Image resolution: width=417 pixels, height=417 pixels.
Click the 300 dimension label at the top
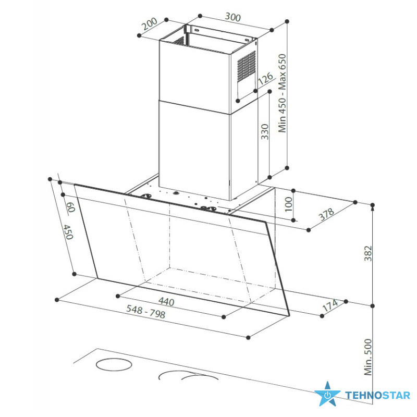tap(232, 17)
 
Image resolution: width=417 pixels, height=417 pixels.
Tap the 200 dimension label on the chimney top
tap(149, 24)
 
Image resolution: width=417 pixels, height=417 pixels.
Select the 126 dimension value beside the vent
tap(265, 79)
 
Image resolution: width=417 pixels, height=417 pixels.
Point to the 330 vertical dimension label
tap(265, 132)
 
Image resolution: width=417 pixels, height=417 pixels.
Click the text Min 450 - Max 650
tap(282, 93)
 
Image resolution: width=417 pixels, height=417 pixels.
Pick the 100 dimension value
tap(288, 204)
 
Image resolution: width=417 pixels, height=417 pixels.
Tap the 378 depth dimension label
tap(327, 214)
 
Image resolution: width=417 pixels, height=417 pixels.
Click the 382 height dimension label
tap(368, 253)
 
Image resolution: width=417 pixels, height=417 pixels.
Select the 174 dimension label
tap(330, 305)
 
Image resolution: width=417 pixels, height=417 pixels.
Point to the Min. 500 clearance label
tap(368, 357)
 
